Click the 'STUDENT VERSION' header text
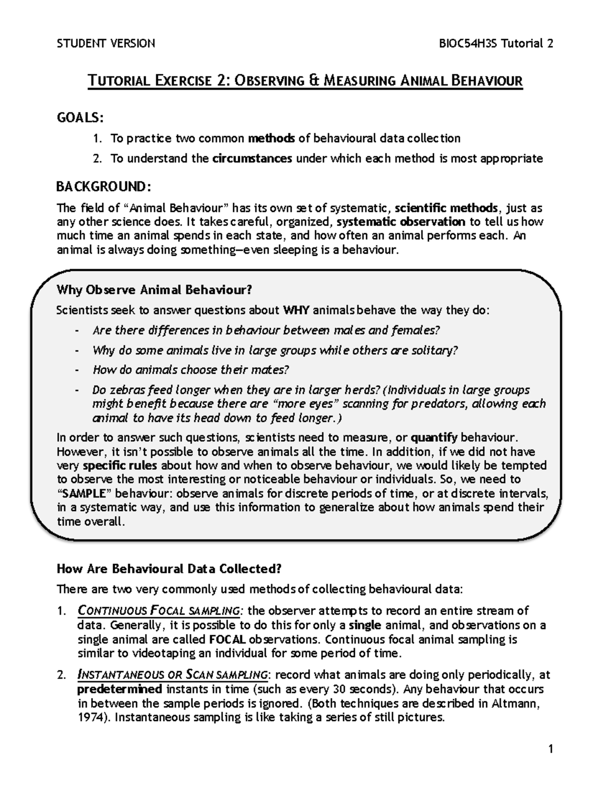(x=106, y=43)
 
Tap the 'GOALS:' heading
(x=80, y=118)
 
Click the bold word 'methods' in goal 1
(x=271, y=139)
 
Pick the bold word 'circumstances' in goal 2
(x=252, y=158)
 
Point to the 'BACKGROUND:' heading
(x=103, y=187)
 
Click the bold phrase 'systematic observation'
(x=401, y=222)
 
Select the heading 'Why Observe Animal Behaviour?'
(x=154, y=290)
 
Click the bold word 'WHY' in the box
(x=296, y=310)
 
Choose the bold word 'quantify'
(x=434, y=438)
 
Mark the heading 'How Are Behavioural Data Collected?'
(x=169, y=568)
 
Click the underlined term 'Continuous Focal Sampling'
(x=158, y=611)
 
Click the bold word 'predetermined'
(x=120, y=689)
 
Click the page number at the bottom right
(x=550, y=749)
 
